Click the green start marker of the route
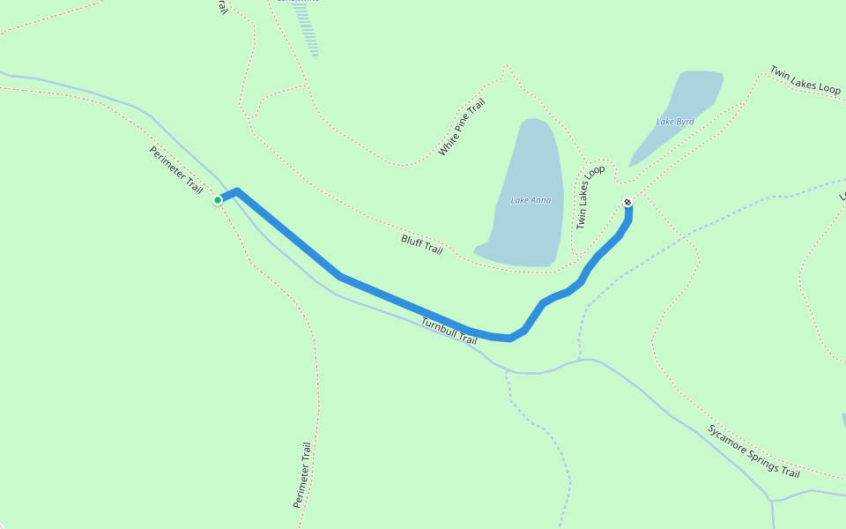click(x=218, y=200)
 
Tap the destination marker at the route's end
click(x=627, y=203)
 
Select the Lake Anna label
click(x=531, y=200)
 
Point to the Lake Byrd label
click(x=674, y=122)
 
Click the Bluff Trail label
click(x=421, y=244)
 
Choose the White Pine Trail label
click(x=462, y=128)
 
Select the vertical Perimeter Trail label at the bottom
click(x=302, y=474)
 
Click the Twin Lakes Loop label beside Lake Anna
click(x=590, y=197)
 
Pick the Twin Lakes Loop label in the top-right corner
click(x=805, y=79)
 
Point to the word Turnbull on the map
click(x=439, y=328)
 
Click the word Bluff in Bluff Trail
click(x=412, y=241)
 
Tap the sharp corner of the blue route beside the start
click(x=237, y=191)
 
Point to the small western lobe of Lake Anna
click(x=481, y=248)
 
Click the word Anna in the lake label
click(x=541, y=200)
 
